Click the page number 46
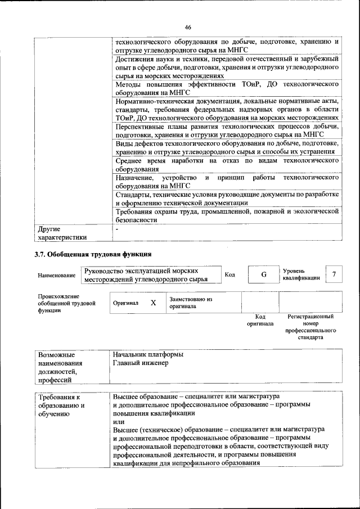(188, 27)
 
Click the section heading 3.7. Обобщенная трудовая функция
(93, 255)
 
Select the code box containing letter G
(263, 274)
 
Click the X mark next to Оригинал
(152, 303)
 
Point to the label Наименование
(57, 276)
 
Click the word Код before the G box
(230, 274)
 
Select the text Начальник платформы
(148, 354)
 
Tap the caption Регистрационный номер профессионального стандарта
(310, 328)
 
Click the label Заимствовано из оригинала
(190, 303)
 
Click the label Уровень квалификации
(301, 274)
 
